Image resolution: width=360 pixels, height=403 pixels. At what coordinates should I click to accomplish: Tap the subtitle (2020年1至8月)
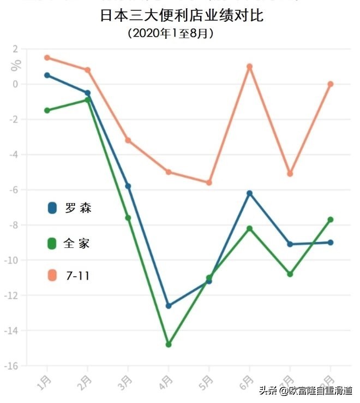tap(170, 33)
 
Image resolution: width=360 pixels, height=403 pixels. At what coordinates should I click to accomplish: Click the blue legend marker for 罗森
tap(52, 208)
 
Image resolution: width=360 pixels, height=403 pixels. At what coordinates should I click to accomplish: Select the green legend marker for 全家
tap(52, 243)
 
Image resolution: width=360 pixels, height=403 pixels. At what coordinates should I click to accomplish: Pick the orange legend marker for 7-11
tap(52, 275)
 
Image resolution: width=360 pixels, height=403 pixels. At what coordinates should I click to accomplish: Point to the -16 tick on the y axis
tap(11, 366)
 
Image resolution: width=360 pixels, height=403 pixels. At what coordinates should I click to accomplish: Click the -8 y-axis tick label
tap(13, 225)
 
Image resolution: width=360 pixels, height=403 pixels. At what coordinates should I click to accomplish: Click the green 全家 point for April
tap(169, 345)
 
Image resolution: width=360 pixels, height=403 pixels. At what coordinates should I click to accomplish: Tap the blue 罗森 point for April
tap(169, 306)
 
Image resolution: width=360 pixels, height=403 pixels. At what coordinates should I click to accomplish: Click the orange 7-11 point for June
tap(249, 67)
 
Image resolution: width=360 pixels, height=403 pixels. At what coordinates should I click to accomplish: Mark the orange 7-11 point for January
tap(47, 57)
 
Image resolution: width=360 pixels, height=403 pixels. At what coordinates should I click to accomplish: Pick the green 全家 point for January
tap(47, 110)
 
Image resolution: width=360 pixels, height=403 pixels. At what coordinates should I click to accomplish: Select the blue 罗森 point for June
tap(249, 193)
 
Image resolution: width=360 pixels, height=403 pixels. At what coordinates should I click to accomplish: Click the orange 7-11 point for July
tap(290, 174)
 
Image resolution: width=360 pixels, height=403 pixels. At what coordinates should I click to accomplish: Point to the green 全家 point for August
tap(331, 220)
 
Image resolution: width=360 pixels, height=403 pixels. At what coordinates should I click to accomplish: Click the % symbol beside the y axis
tap(16, 64)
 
